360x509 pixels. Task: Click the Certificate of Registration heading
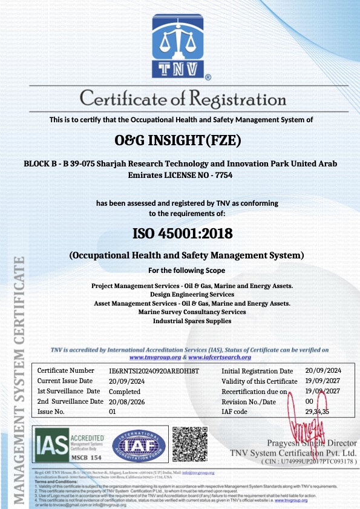point(180,97)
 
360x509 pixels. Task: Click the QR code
point(189,445)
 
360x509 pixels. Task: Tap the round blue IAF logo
point(138,445)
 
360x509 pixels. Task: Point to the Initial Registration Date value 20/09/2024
point(323,370)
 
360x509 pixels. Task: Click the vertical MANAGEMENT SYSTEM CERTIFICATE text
point(19,381)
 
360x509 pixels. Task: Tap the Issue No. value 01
point(112,412)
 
